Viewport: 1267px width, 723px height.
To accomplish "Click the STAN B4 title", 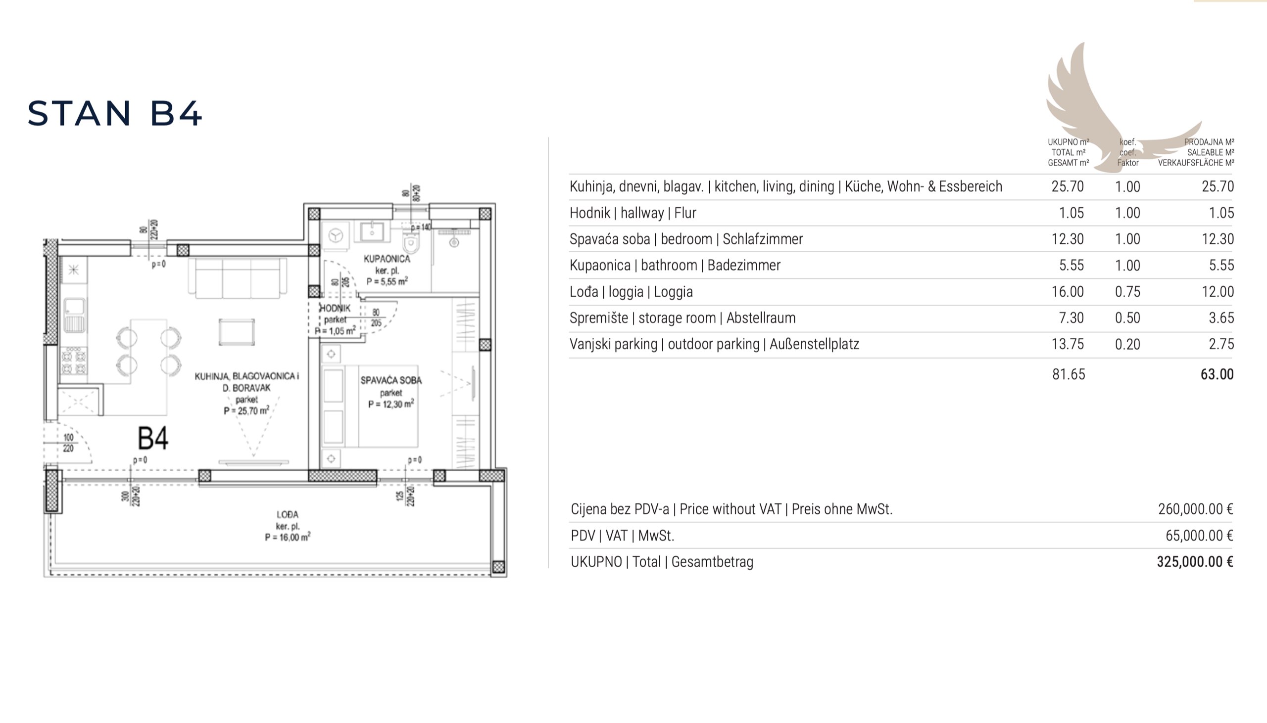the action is click(x=114, y=113).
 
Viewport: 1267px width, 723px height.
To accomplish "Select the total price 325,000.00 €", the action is click(x=1195, y=562).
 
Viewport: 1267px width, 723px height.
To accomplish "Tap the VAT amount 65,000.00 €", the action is click(x=1199, y=535).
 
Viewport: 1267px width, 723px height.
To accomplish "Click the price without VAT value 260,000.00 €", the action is click(x=1195, y=509).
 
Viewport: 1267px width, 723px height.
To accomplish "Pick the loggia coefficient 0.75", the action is click(x=1127, y=291).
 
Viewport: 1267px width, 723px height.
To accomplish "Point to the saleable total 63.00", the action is click(x=1217, y=374).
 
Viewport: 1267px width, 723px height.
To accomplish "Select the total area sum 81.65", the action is click(x=1068, y=374).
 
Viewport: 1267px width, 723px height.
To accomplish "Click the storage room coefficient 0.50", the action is click(x=1127, y=318).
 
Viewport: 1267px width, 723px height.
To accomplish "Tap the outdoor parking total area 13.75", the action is click(x=1068, y=344).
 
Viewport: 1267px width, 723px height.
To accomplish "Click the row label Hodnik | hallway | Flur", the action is click(x=633, y=213).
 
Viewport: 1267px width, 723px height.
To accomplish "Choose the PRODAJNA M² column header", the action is click(x=1209, y=142).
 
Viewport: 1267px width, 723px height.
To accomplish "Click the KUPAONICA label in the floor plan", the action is click(x=387, y=259).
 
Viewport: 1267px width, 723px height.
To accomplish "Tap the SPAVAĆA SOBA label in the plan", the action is click(x=391, y=380).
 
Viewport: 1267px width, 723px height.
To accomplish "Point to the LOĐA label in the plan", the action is click(x=288, y=514).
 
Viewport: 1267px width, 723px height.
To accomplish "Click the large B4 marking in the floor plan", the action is click(x=152, y=439).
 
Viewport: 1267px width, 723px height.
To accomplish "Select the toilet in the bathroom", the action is click(x=411, y=242).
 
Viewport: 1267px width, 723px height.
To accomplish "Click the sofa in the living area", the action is click(x=237, y=278).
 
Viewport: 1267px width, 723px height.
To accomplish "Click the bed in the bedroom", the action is click(x=370, y=406).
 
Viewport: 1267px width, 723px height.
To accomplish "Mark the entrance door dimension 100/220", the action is click(x=68, y=443).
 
